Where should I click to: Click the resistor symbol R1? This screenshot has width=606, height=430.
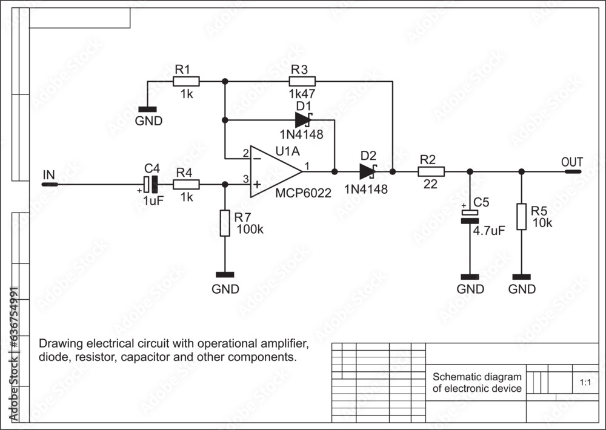[186, 81]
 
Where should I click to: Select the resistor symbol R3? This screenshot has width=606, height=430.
[302, 81]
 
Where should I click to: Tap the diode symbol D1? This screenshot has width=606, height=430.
[303, 120]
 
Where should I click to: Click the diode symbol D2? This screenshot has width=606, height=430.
[368, 171]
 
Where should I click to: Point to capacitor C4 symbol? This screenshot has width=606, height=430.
[150, 184]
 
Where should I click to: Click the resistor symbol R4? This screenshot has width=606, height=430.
[186, 184]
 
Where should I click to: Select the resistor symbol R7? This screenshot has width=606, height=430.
[225, 223]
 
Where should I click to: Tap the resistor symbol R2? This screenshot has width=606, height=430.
[431, 171]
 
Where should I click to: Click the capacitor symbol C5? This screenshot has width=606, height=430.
[470, 216]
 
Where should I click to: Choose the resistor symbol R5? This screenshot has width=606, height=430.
[521, 217]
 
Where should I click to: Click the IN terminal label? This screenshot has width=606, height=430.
[48, 174]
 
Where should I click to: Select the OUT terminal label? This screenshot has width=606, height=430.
[572, 162]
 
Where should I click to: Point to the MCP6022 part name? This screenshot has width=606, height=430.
[303, 193]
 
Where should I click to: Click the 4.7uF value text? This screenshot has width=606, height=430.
[489, 230]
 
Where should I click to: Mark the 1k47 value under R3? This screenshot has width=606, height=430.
[302, 95]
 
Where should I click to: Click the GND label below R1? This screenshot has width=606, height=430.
[148, 121]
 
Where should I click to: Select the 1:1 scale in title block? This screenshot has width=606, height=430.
[585, 383]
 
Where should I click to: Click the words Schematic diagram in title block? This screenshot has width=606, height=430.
[477, 377]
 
